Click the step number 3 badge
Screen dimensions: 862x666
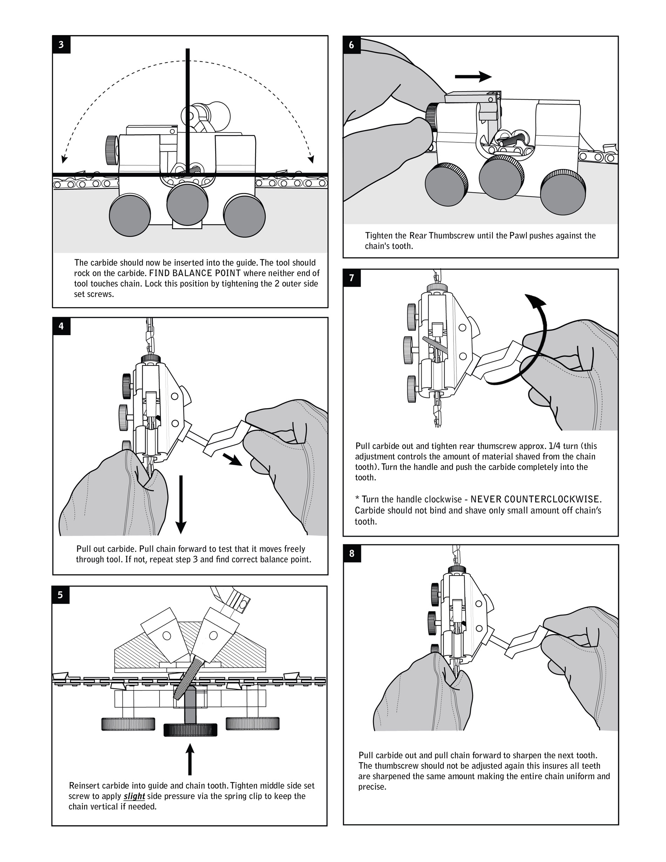(x=61, y=45)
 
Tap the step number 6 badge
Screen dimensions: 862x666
(x=352, y=45)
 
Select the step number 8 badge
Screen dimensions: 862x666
(x=352, y=554)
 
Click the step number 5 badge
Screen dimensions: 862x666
(x=60, y=595)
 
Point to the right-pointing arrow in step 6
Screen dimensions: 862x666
(x=473, y=76)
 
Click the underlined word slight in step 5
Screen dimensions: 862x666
(x=134, y=796)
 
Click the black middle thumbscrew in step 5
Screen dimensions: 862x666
(x=190, y=730)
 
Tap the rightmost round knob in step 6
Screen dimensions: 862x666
(x=563, y=192)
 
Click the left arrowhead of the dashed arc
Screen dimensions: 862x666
(x=63, y=159)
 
